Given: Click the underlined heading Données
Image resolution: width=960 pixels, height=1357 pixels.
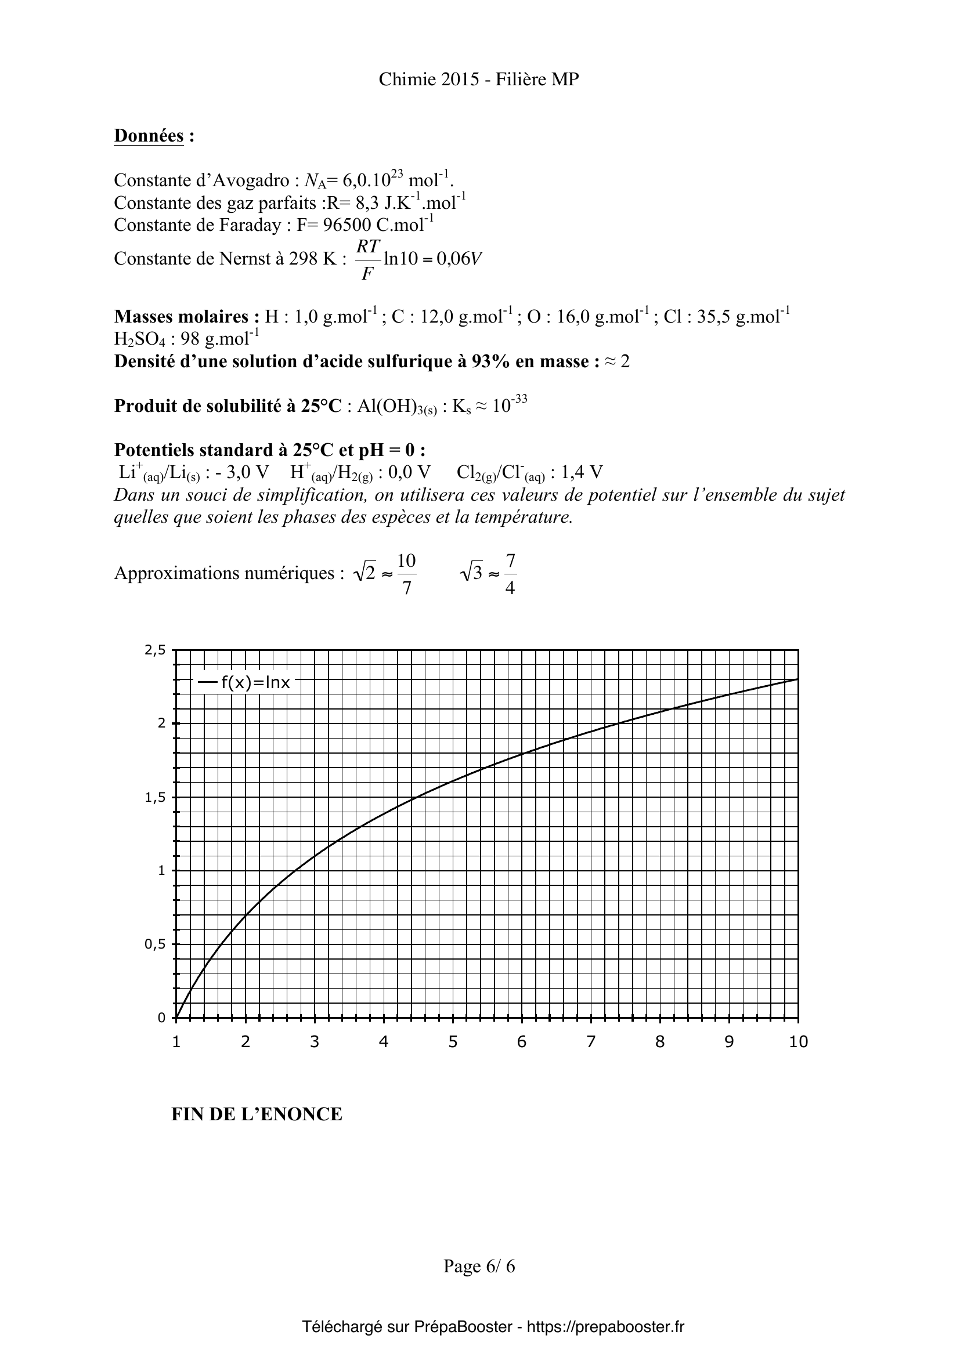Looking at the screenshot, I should [x=149, y=136].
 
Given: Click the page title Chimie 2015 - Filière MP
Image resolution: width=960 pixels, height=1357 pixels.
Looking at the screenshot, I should [x=479, y=80].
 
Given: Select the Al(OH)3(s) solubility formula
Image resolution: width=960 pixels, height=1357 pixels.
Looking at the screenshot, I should [x=396, y=407].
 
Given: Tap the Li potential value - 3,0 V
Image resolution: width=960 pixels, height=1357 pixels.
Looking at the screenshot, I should [x=241, y=472].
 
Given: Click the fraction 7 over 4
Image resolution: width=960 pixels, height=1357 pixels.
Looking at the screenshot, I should [x=510, y=573].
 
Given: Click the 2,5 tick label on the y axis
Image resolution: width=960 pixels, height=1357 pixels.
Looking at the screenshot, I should [x=155, y=650].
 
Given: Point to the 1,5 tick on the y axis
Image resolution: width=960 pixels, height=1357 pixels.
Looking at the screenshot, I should [x=155, y=797].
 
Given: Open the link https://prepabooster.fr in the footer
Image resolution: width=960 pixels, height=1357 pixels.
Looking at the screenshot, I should [x=605, y=1327].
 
